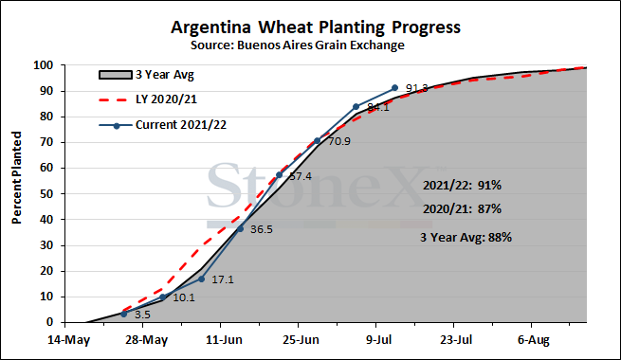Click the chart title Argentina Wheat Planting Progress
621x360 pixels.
pos(316,27)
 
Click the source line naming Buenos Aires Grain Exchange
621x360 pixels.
pos(298,45)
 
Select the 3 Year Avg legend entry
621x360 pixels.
pos(147,75)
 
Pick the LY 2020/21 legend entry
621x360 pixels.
pos(148,99)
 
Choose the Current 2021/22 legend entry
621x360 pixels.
pos(163,125)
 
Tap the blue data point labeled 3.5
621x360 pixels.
pos(123,314)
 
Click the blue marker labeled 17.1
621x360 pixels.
pos(201,279)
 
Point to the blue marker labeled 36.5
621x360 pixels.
pos(240,228)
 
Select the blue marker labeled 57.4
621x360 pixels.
pos(279,175)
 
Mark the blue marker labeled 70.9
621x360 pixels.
pos(318,140)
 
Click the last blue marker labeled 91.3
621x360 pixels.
pos(394,88)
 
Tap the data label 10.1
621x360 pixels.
pos(184,297)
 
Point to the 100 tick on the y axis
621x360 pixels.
pos(44,65)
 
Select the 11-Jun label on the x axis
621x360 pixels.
pos(224,340)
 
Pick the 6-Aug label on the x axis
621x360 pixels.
pos(534,340)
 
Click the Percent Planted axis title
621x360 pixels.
pos(17,177)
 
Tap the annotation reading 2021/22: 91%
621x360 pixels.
pos(462,185)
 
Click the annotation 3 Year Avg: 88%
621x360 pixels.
pos(466,238)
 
